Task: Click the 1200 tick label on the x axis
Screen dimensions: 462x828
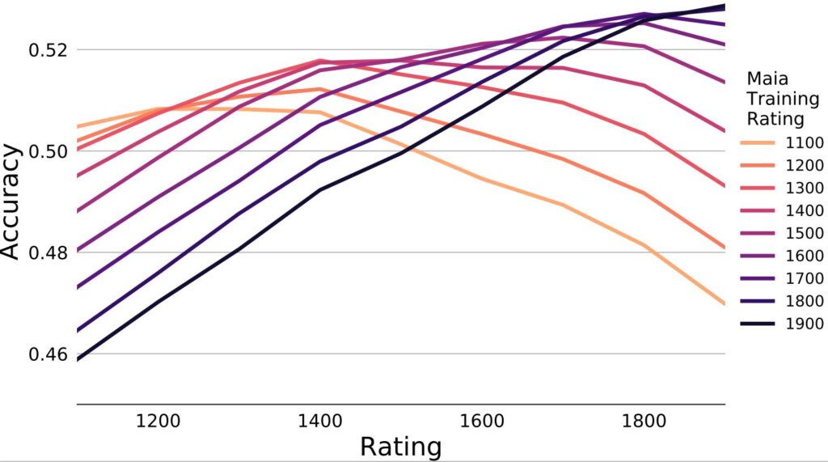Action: pos(158,422)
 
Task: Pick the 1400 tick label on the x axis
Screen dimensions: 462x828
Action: pos(320,422)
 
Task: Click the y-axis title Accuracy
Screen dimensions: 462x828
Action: pos(11,201)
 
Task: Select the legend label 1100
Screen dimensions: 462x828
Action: pos(804,143)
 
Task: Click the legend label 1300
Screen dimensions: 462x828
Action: pos(804,189)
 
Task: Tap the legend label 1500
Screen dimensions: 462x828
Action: pos(804,234)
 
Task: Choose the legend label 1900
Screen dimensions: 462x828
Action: pos(804,324)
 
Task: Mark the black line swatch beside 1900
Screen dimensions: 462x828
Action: pos(758,324)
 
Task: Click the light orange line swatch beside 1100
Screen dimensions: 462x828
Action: pos(758,143)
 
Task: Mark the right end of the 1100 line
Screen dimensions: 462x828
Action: pos(724,304)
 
